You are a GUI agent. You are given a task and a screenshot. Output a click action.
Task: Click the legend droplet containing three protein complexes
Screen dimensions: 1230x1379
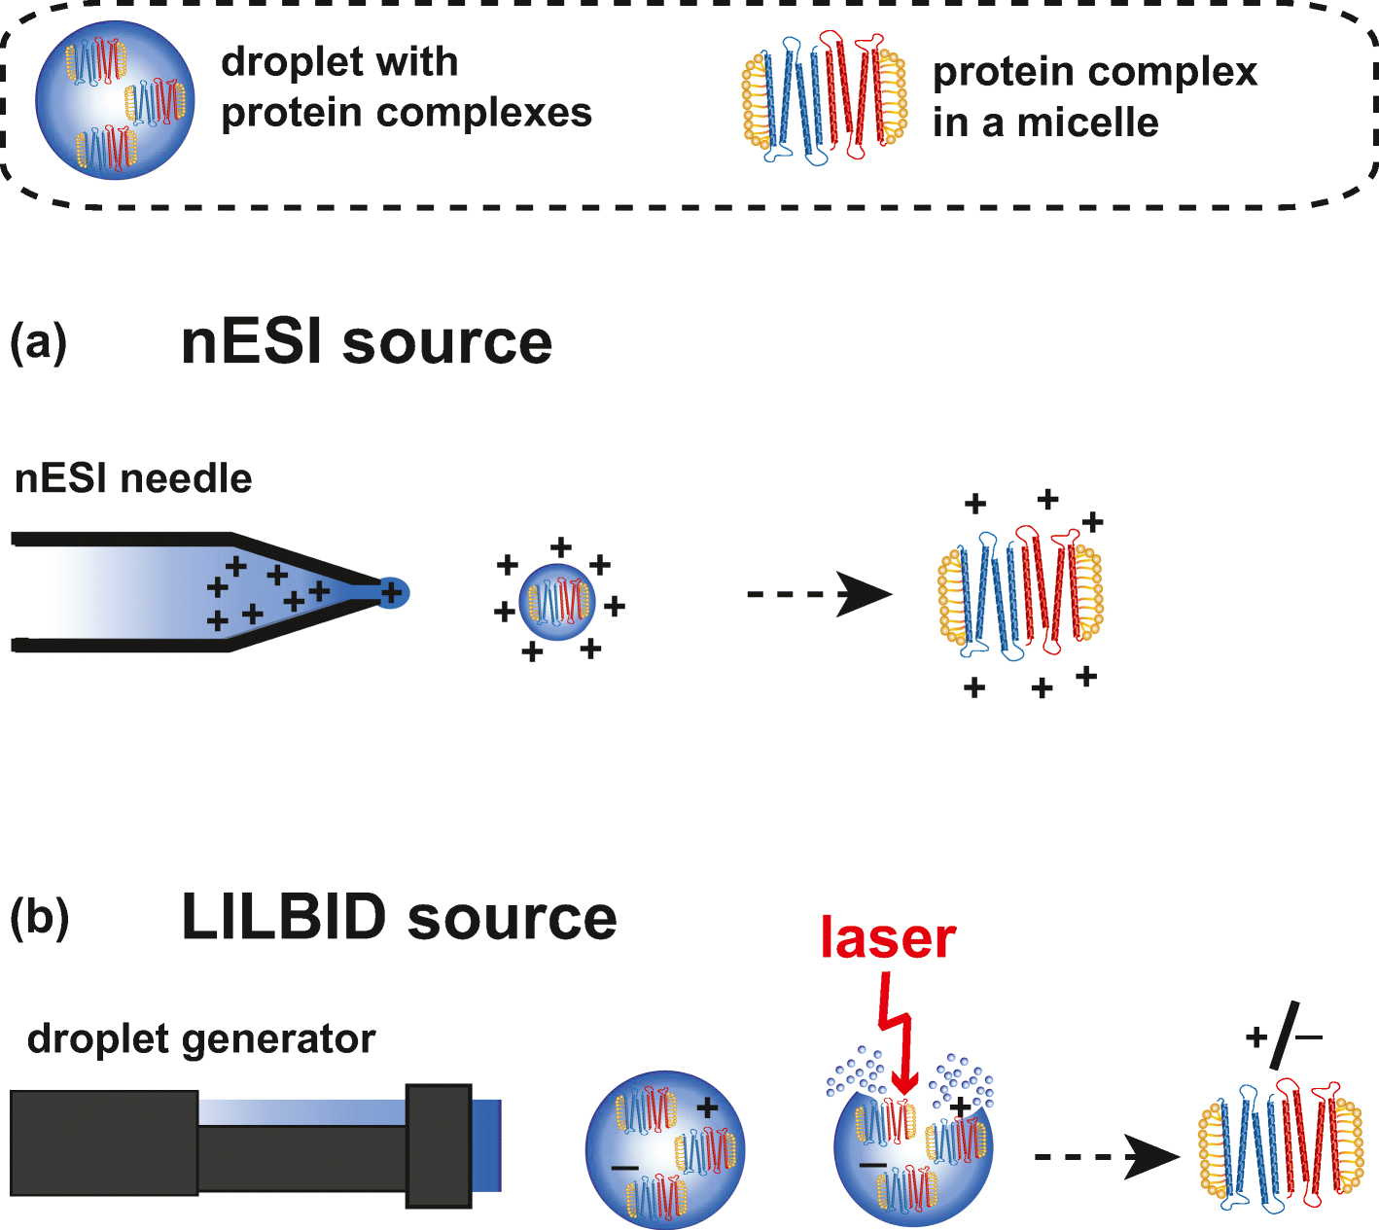pos(115,99)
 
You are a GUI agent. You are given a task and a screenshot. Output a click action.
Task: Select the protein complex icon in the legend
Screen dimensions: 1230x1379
pos(825,98)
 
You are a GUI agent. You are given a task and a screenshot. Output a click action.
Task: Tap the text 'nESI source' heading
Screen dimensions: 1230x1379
pos(367,342)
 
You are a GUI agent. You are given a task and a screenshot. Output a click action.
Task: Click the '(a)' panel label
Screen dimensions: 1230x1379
pos(38,343)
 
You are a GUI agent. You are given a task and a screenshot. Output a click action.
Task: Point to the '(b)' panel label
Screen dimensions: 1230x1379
pos(39,918)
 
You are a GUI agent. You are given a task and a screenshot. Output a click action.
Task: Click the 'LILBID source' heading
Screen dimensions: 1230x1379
pos(399,918)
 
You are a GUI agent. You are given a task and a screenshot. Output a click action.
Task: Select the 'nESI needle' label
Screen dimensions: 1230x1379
pos(133,478)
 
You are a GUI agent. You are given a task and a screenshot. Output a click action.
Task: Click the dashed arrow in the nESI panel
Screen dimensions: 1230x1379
pos(819,594)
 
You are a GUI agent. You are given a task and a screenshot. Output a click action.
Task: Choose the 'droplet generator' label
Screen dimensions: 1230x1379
pos(201,1038)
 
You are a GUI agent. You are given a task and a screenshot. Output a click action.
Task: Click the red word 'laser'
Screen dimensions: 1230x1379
pos(888,937)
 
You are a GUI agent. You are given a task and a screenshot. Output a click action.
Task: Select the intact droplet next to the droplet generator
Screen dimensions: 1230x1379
pos(665,1149)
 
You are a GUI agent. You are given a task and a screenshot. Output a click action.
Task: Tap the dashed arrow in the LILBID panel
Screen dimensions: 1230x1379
pos(1106,1156)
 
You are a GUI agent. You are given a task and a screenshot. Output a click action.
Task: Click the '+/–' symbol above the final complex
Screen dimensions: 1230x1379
pos(1284,1037)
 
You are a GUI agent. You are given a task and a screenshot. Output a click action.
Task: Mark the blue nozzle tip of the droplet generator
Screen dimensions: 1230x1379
pos(486,1144)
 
